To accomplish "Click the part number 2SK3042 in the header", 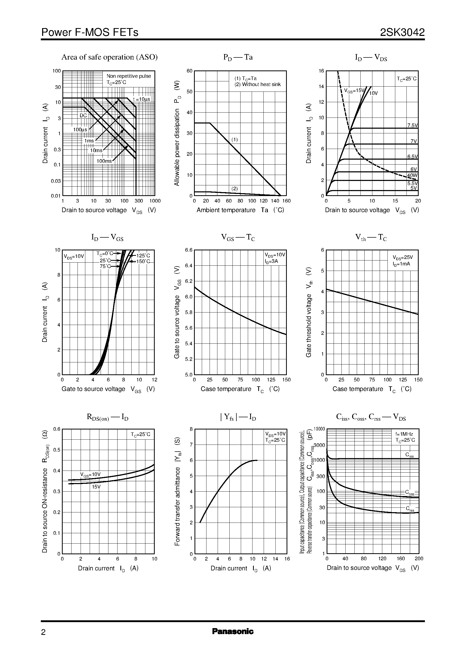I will pyautogui.click(x=402, y=32).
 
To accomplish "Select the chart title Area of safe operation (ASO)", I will pyautogui.click(x=109, y=57).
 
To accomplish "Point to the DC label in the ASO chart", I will pyautogui.click(x=83, y=116).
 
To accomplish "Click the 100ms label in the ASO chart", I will pyautogui.click(x=104, y=161).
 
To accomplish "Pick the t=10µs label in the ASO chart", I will pyautogui.click(x=141, y=99).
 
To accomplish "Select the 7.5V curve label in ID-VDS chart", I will pyautogui.click(x=412, y=125).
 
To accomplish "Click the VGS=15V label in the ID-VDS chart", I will pyautogui.click(x=354, y=91).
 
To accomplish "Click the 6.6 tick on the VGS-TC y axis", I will pyautogui.click(x=189, y=250).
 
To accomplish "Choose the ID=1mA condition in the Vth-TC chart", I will pyautogui.click(x=402, y=264).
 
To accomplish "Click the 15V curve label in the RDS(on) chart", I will pyautogui.click(x=96, y=487).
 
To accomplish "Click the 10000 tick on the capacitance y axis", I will pyautogui.click(x=319, y=429).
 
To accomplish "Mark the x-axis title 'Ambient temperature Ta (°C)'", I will pyautogui.click(x=240, y=210).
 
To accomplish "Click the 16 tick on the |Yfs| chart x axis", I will pyautogui.click(x=287, y=559).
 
